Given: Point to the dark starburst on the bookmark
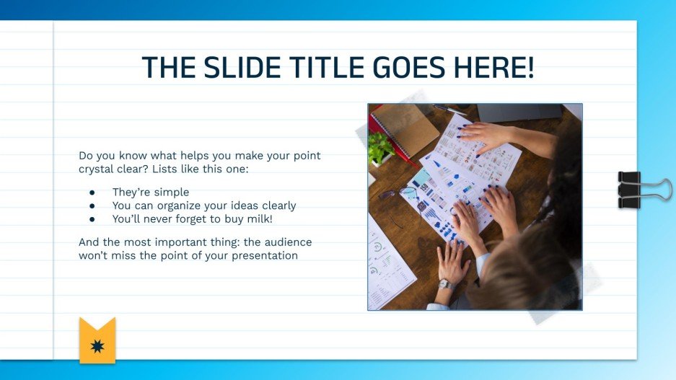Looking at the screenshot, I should pyautogui.click(x=97, y=348).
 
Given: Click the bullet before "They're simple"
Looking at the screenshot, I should pyautogui.click(x=92, y=193).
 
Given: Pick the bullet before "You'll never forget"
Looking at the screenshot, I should pyautogui.click(x=92, y=218).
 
